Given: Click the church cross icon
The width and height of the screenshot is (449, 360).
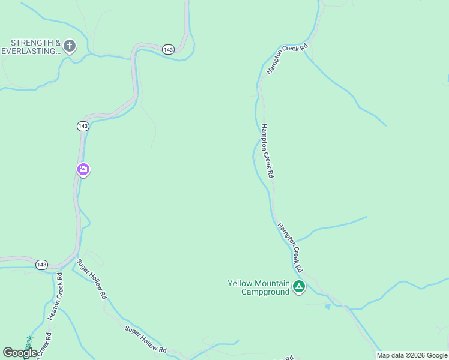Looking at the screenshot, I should pos(70,46).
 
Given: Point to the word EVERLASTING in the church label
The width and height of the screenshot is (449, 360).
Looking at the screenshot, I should pos(31,52).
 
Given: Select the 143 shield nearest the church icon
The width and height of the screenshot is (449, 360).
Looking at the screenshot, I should pos(168,49).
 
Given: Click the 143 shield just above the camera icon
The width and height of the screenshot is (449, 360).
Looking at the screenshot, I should pos(83,126).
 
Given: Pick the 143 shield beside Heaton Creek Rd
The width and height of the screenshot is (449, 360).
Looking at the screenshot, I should pos(41,265).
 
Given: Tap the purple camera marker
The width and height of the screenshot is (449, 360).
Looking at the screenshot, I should pos(83,170).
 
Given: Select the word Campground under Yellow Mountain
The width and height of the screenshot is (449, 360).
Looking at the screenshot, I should pos(265,292).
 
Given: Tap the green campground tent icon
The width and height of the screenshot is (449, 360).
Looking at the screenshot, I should pos(299,287).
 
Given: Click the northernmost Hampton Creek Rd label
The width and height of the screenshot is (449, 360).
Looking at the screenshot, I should pos(287,59).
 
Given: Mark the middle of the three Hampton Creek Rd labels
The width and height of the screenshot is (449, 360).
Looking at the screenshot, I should pos(268,151).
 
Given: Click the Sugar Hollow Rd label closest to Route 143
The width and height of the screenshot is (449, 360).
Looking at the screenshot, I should pos(91,279).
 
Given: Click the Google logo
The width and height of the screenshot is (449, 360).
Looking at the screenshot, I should pos(20,353).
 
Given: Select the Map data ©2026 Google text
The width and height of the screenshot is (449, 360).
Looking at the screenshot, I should pos(412,356).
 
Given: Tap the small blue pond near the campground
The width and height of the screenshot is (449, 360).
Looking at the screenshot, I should pos(327,307).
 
